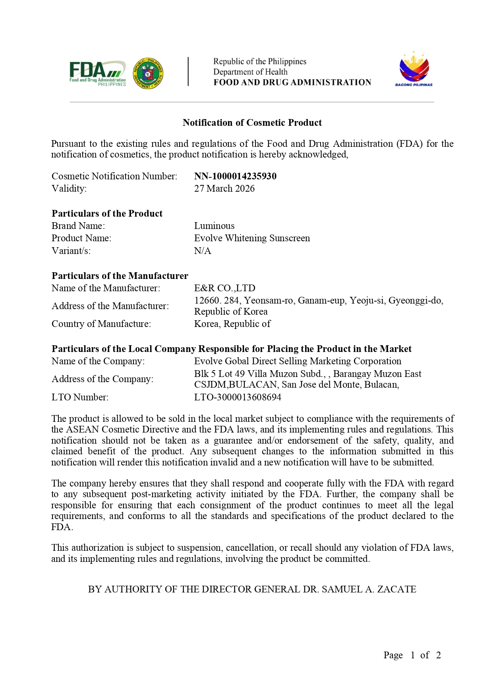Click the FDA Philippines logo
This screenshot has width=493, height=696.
click(x=98, y=73)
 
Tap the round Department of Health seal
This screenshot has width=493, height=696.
click(x=148, y=73)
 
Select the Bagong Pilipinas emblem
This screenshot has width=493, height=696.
click(x=414, y=69)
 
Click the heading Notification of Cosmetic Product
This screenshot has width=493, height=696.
click(x=252, y=123)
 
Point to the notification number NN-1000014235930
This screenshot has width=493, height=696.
click(x=235, y=176)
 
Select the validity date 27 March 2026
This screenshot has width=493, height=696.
click(x=224, y=188)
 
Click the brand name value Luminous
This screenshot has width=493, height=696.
click(x=214, y=226)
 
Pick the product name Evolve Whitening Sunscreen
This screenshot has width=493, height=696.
click(x=252, y=238)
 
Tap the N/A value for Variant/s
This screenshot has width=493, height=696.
click(x=203, y=251)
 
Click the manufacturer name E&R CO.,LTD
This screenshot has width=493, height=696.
click(x=224, y=288)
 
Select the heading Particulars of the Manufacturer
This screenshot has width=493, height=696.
click(x=120, y=276)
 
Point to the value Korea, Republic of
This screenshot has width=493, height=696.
click(x=232, y=324)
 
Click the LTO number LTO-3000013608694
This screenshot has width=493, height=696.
click(x=238, y=397)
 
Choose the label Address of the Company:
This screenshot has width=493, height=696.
click(x=102, y=379)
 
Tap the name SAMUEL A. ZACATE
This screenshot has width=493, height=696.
click(x=369, y=589)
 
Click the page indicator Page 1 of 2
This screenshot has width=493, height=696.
click(x=412, y=655)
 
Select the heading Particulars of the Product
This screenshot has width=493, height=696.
click(x=107, y=213)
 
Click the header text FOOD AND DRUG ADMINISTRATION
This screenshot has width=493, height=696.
click(x=292, y=83)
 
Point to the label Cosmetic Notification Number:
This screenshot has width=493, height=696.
click(x=114, y=176)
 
